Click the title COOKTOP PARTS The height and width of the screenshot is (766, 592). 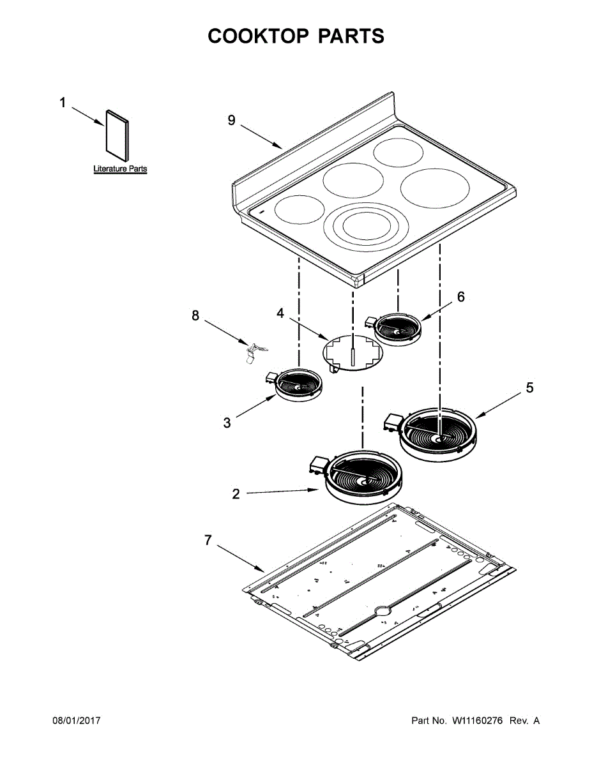pyautogui.click(x=296, y=36)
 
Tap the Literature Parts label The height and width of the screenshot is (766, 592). pyautogui.click(x=120, y=169)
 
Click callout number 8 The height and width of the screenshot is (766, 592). pyautogui.click(x=195, y=315)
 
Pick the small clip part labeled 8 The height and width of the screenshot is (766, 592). pyautogui.click(x=255, y=351)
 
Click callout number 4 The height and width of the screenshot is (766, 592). pyautogui.click(x=280, y=313)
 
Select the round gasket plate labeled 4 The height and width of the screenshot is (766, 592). pyautogui.click(x=352, y=352)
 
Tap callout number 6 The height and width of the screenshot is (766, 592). pyautogui.click(x=460, y=297)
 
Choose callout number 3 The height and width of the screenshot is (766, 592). pyautogui.click(x=227, y=423)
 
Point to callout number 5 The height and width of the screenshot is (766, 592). pyautogui.click(x=529, y=388)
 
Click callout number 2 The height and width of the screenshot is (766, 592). pyautogui.click(x=236, y=494)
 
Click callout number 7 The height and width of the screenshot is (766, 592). pyautogui.click(x=208, y=540)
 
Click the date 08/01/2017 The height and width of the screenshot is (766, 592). pyautogui.click(x=76, y=721)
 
